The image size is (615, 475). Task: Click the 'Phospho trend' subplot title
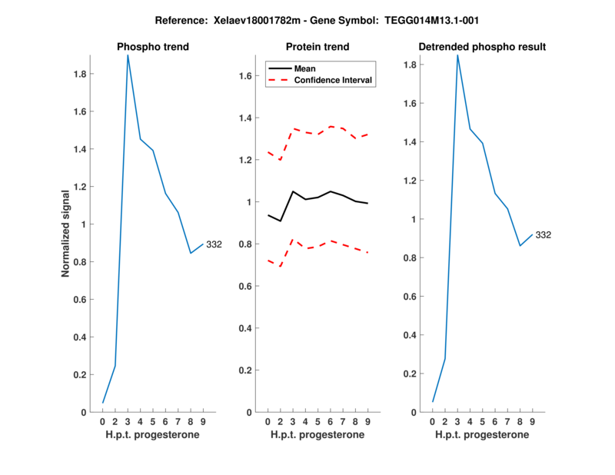(152, 47)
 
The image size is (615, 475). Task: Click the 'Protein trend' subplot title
(317, 47)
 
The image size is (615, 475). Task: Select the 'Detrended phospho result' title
(482, 47)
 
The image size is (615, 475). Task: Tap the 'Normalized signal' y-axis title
(66, 233)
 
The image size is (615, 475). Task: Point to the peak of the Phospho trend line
(128, 55)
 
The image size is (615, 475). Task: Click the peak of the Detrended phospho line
(457, 55)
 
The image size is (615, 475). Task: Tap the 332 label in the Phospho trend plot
(214, 244)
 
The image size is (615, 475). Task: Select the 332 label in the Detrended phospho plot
(544, 234)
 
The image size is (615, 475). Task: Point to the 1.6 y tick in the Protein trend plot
(245, 76)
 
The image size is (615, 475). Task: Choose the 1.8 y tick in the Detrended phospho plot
(410, 65)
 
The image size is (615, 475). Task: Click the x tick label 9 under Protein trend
(367, 422)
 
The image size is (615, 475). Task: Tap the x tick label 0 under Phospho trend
(103, 422)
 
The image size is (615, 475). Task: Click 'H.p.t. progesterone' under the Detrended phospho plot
(482, 434)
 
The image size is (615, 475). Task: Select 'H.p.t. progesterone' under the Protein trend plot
(317, 434)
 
